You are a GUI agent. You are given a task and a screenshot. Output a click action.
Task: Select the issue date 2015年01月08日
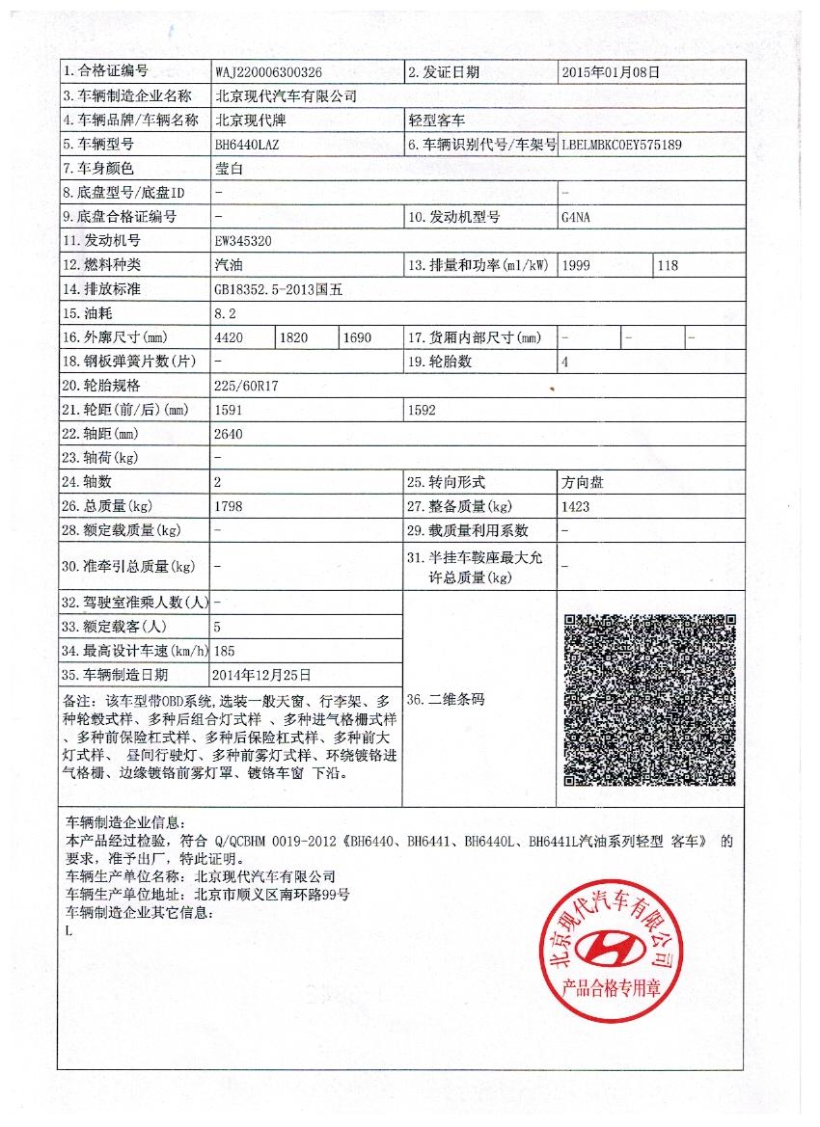point(611,72)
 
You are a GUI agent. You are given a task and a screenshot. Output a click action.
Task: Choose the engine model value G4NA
point(575,217)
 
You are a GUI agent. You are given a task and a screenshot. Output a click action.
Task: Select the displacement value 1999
point(575,265)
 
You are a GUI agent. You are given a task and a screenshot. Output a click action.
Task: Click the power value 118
point(667,265)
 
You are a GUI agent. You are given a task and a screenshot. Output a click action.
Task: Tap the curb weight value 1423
point(575,506)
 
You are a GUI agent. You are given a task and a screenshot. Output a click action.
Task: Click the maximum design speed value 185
point(225,651)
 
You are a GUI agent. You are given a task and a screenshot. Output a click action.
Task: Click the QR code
point(649,700)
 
